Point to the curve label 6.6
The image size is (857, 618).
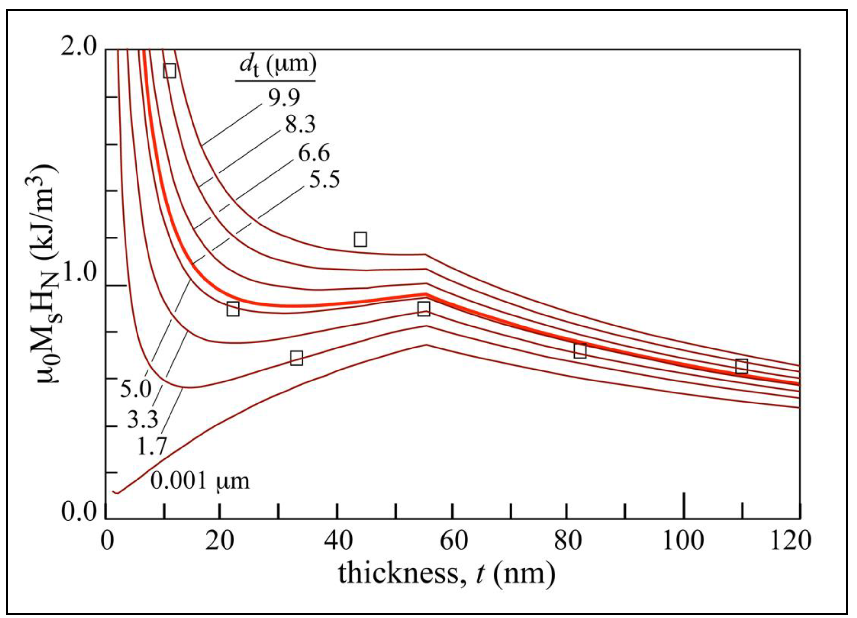pos(313,153)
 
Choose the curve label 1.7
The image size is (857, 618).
pos(151,447)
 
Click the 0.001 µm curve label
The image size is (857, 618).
pos(200,481)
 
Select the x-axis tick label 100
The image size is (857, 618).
pos(684,541)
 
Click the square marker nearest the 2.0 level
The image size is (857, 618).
pos(170,71)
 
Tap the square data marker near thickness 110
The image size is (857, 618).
pos(742,366)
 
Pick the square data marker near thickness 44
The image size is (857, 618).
pos(360,239)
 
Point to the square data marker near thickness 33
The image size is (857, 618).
pos(297,358)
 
